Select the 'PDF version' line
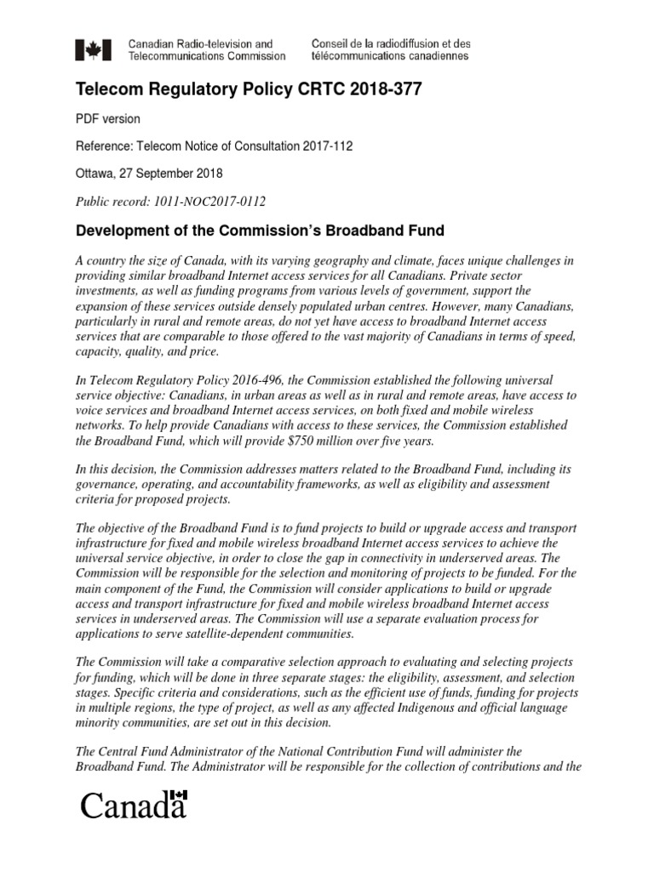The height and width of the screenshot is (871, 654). point(108,119)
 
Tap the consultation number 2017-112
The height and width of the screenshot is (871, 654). point(323,146)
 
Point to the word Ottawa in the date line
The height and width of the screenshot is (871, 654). point(95,174)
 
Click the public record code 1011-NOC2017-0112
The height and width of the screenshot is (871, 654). point(207,201)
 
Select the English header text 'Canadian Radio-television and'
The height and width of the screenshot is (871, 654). point(200,43)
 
